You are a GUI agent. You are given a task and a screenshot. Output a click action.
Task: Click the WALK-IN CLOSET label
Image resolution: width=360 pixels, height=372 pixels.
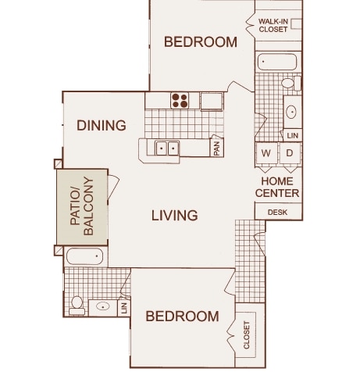273,25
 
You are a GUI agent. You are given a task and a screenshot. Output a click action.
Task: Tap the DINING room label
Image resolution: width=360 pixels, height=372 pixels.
102,125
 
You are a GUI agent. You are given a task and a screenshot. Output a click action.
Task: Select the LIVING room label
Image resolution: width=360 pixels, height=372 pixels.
175,216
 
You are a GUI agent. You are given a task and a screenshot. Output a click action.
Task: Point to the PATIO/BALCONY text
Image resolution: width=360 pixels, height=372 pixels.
82,206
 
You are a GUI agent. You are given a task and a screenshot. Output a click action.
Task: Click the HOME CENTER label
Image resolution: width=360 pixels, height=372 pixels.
277,188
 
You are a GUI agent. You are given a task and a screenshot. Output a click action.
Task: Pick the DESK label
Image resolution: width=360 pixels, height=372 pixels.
277,213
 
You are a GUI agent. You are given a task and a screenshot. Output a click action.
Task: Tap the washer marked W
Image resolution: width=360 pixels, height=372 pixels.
266,153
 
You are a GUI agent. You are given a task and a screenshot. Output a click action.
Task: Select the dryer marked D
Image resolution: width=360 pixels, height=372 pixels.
290,153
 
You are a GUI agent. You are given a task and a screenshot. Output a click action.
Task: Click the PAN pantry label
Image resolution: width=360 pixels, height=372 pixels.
217,148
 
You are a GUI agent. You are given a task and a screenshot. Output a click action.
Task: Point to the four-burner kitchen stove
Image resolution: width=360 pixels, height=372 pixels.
180,101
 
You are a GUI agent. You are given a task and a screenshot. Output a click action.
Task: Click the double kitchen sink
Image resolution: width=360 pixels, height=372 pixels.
167,148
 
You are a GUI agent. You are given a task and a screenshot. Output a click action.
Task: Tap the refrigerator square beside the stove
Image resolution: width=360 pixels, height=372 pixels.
212,101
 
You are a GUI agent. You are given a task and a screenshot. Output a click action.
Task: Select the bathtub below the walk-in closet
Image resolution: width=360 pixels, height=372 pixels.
277,62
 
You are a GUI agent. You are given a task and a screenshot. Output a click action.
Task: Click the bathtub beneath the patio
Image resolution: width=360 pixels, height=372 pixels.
85,256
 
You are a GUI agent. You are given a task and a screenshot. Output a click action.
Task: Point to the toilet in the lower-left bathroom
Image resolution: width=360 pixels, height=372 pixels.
77,306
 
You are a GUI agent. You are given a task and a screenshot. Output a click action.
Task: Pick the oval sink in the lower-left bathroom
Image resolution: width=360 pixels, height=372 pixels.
102,306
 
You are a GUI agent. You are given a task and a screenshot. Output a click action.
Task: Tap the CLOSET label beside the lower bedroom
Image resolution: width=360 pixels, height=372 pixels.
247,335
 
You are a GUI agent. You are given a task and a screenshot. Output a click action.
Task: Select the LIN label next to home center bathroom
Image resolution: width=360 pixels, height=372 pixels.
292,135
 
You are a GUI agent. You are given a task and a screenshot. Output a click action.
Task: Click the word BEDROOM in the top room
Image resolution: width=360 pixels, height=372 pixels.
201,42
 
